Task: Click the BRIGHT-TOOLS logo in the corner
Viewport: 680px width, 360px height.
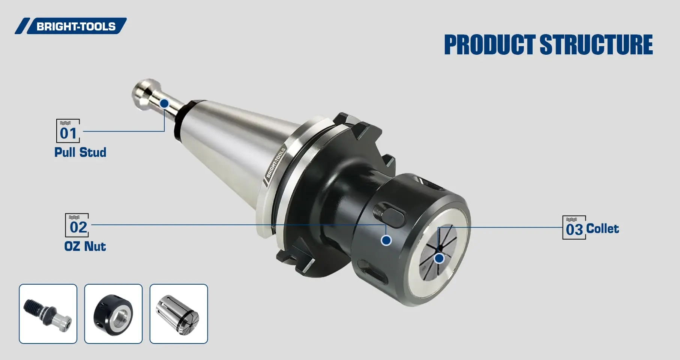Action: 71,26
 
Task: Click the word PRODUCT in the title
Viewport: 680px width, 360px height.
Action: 489,45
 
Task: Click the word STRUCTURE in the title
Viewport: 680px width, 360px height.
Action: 596,45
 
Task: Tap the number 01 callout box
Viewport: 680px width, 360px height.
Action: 68,131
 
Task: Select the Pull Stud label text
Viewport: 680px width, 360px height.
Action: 80,152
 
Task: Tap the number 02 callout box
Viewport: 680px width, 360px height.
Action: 77,225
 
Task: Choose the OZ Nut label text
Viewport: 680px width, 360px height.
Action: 85,246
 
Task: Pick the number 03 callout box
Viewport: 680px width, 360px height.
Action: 574,228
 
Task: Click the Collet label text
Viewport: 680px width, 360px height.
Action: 602,228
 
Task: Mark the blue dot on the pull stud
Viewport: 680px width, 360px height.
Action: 164,103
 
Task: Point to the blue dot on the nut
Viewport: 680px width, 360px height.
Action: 386,240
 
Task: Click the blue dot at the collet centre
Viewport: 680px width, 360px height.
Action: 439,258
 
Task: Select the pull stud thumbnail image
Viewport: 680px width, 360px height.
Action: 48,313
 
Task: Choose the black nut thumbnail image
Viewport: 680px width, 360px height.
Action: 113,313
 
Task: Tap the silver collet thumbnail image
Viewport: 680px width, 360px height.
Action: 179,313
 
